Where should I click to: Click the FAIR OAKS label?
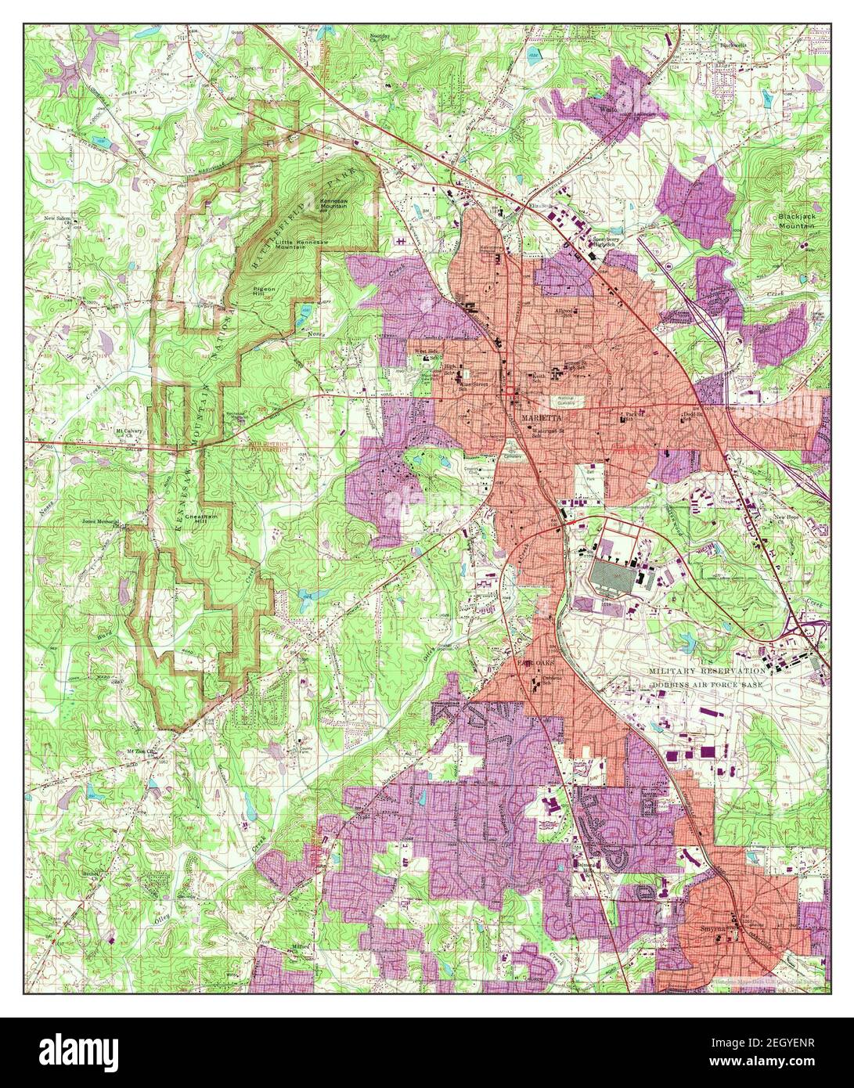(535, 662)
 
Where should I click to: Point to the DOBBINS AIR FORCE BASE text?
(708, 683)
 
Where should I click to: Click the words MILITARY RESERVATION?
(708, 671)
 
